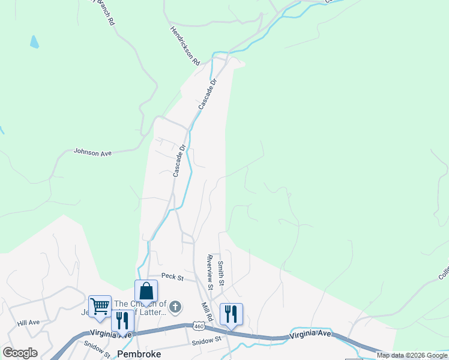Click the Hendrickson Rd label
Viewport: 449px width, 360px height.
[x=184, y=45]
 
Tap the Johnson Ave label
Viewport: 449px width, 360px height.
[x=92, y=153]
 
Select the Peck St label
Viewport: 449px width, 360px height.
[x=170, y=276]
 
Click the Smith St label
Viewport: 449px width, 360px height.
[x=221, y=272]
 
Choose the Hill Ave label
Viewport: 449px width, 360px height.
[x=29, y=322]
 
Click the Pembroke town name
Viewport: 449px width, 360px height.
[x=139, y=354]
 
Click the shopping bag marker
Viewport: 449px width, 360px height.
[x=146, y=292]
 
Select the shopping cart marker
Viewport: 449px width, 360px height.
[x=100, y=306]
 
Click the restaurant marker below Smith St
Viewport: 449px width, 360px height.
[x=231, y=313]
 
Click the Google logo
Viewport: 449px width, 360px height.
[x=20, y=353]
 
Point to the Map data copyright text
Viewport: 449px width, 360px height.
[x=412, y=355]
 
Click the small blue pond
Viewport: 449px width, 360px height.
[x=34, y=41]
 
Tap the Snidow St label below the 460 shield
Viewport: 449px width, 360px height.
[x=206, y=342]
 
